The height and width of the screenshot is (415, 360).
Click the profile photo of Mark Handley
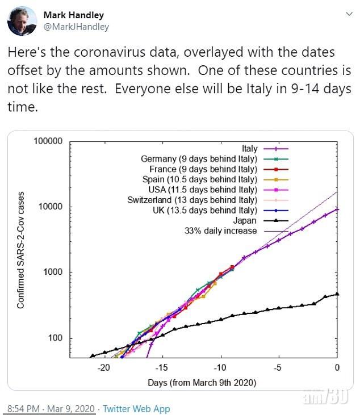coord(21,21)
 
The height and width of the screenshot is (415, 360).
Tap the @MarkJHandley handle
coord(76,27)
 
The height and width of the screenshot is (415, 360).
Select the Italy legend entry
coord(250,149)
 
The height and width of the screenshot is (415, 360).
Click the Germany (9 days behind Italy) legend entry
coord(199,159)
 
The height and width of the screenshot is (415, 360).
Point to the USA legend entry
coord(206,190)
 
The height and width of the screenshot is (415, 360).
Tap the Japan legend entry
coord(248,220)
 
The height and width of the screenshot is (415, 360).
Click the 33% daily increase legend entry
coord(221,230)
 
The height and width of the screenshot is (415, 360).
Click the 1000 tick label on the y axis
coord(52,273)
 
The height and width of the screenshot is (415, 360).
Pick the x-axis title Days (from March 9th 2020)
coord(202,383)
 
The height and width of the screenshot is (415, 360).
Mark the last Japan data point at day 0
coord(337,294)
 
